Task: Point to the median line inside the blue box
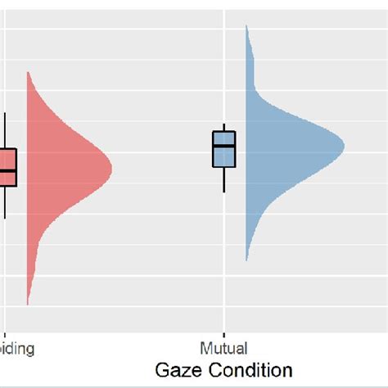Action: [x=223, y=147]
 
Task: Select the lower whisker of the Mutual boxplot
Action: [x=223, y=179]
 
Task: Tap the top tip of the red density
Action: [x=28, y=73]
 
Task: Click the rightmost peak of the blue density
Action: [x=344, y=147]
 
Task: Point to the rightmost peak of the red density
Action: [x=111, y=170]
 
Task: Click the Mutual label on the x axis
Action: [x=223, y=349]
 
